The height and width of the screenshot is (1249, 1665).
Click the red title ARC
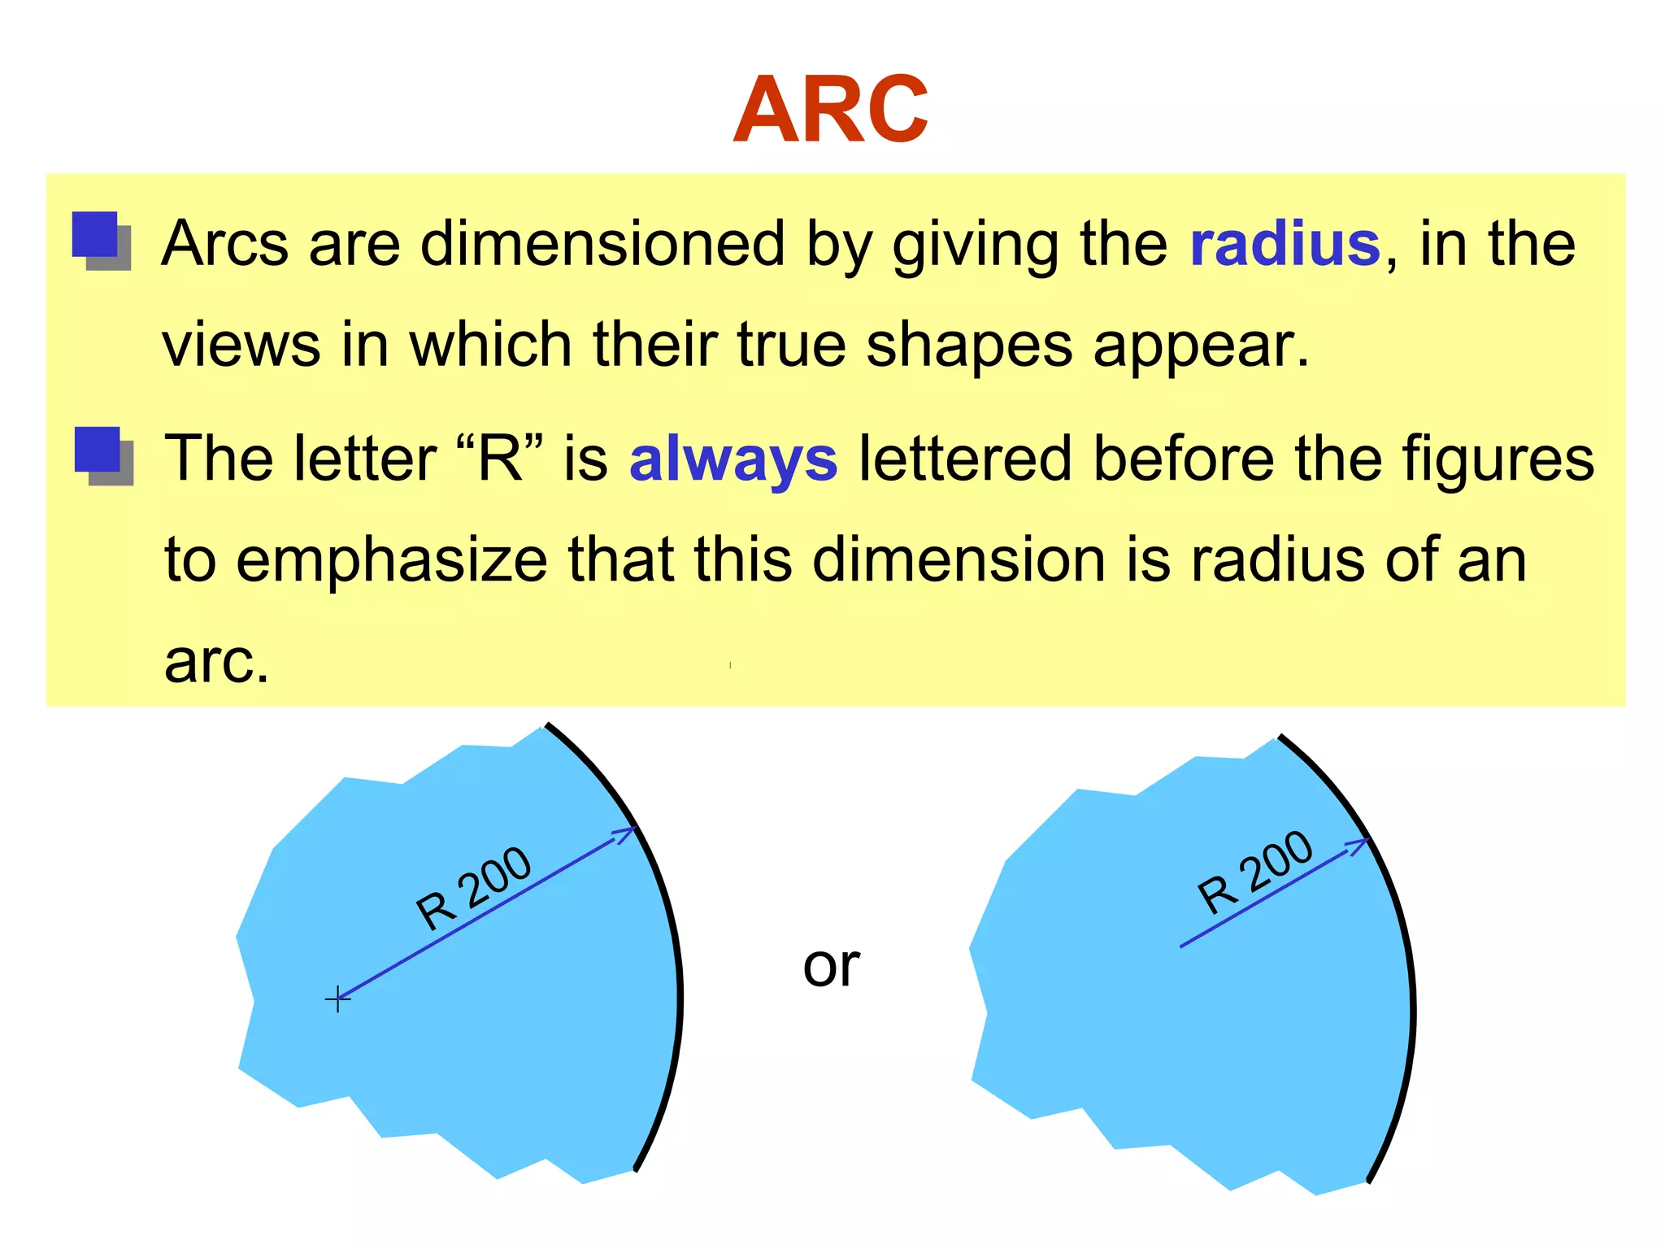tap(830, 109)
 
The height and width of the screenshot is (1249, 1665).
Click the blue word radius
tap(1285, 244)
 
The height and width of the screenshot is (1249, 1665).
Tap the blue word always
tap(733, 459)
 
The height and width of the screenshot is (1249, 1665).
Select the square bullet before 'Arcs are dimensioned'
tap(100, 240)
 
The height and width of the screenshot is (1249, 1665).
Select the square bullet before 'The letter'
tap(102, 455)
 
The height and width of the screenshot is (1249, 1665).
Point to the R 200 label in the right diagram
tap(1255, 872)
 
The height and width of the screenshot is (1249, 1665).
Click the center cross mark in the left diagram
tap(337, 999)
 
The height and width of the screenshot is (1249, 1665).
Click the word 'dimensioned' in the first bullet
tap(602, 244)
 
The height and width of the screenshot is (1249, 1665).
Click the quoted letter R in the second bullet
tap(500, 459)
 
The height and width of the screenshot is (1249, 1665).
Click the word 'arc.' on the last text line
tap(216, 661)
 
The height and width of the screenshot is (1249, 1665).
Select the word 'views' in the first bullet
tap(241, 346)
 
